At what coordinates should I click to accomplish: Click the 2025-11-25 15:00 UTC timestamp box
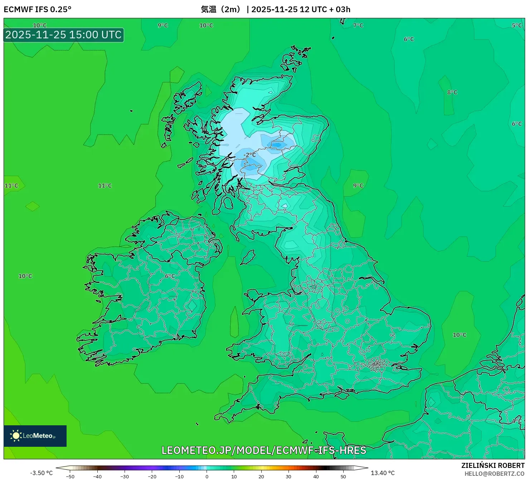coord(64,35)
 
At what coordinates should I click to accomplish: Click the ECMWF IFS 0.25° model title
coord(38,9)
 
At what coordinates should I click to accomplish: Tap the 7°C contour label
coord(358,25)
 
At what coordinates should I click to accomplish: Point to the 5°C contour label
coord(517,25)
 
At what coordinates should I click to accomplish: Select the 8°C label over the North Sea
coord(452,92)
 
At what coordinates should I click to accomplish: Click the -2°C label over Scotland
coord(250,155)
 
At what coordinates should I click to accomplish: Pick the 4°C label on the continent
coord(517,421)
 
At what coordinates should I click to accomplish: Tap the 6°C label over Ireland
coord(170,276)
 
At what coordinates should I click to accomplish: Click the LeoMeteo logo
coord(35,436)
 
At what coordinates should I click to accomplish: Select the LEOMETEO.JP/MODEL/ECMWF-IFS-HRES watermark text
coord(264,450)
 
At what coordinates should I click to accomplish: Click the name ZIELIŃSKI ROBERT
coord(493,465)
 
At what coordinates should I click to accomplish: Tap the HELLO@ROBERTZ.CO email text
coord(494,474)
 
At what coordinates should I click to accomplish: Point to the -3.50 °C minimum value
coord(41,473)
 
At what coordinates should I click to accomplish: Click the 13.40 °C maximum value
coord(383,473)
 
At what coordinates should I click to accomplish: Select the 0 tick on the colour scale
coord(207,476)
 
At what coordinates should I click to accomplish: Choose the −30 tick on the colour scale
coord(125,476)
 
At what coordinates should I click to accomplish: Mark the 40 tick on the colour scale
coord(316,476)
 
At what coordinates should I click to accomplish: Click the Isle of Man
coord(248,257)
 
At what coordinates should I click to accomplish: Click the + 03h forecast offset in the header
coord(340,9)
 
